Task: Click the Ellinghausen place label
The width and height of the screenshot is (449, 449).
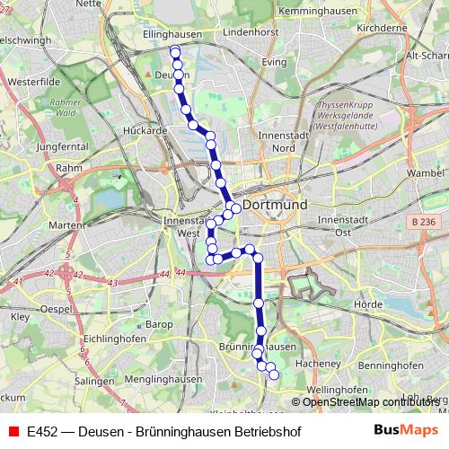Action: (x=170, y=34)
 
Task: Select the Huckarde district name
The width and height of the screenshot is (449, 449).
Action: (x=145, y=129)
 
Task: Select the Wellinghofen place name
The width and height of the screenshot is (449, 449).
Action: (x=337, y=390)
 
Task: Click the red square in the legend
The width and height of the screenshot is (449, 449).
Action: (x=13, y=431)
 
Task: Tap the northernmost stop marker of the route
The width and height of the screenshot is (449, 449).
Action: (x=174, y=51)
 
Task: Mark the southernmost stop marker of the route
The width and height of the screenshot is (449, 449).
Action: (x=274, y=374)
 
